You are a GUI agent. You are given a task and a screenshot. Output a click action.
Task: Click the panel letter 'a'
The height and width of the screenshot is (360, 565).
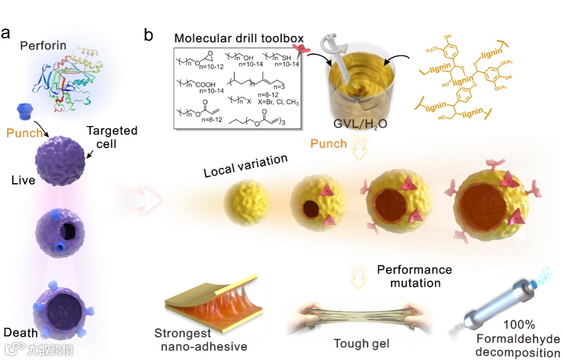[6, 32]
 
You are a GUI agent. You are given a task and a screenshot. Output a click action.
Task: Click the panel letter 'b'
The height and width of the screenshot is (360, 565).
[149, 35]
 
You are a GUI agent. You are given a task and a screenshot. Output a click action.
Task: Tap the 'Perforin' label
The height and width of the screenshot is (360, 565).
[43, 46]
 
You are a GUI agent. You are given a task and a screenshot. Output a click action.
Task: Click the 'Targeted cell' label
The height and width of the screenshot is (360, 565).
[111, 137]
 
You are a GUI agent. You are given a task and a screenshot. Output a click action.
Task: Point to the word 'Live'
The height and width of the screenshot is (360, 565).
[24, 181]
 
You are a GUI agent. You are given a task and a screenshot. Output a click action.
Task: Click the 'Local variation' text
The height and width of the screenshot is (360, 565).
[246, 165]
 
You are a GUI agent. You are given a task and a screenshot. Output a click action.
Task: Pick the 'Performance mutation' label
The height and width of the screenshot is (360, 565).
[414, 276]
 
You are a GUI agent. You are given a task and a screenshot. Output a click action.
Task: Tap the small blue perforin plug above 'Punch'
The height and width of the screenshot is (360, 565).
[26, 111]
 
